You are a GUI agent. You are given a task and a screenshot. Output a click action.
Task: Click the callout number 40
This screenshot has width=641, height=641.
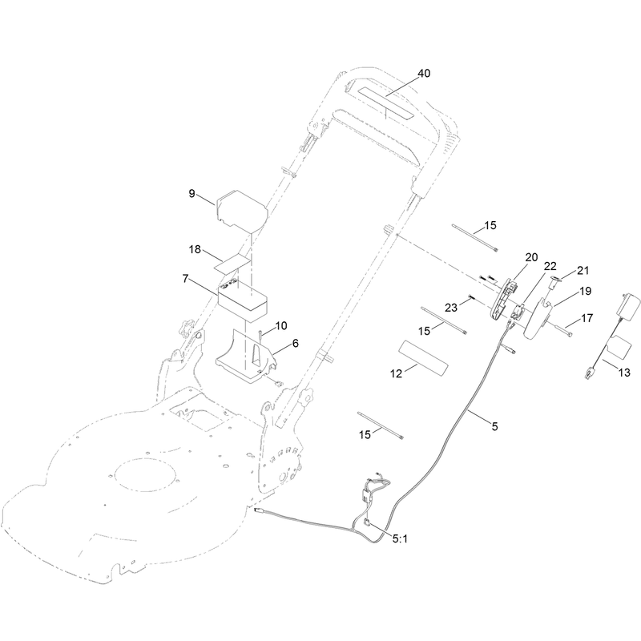click(424, 74)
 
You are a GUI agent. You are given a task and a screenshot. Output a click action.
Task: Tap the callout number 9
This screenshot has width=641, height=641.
click(191, 193)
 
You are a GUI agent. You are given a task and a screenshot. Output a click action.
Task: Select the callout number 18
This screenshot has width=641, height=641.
click(195, 249)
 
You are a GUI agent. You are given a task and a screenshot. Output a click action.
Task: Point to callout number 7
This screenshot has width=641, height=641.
click(186, 279)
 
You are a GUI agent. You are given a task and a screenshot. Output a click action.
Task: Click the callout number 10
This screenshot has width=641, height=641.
click(281, 326)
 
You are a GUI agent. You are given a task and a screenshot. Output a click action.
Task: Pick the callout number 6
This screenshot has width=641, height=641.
click(295, 344)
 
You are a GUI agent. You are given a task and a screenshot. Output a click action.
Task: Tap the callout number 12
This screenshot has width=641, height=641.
click(396, 373)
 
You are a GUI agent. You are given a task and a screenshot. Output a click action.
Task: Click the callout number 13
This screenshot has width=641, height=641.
click(624, 373)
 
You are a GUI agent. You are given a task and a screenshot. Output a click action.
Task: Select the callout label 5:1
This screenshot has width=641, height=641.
click(400, 539)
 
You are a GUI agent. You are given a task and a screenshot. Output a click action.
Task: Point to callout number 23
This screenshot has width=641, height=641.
click(451, 308)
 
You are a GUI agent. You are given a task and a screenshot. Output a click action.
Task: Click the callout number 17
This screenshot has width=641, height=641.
click(587, 318)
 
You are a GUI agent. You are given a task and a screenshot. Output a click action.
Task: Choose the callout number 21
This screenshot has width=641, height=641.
click(583, 270)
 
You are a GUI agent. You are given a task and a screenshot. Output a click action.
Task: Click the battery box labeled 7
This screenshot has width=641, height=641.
click(243, 300)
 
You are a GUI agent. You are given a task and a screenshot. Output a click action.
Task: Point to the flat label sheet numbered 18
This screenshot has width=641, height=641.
click(232, 265)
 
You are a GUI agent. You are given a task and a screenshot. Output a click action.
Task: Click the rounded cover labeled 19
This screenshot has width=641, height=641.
click(538, 318)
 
